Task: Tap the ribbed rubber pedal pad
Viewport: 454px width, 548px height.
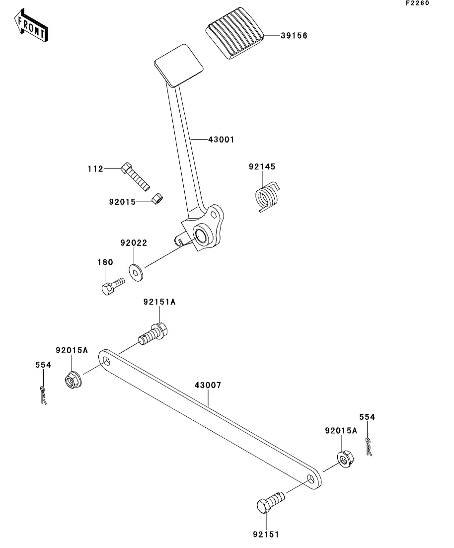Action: (234, 33)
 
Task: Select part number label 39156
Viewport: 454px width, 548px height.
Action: (294, 36)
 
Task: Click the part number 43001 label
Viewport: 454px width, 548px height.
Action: (221, 140)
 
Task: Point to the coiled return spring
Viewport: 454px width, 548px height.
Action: (267, 196)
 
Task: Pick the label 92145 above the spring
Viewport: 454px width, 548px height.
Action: (262, 167)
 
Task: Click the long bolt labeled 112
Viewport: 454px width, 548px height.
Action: (135, 176)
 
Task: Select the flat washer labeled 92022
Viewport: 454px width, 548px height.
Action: (136, 273)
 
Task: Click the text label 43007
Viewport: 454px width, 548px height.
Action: (208, 385)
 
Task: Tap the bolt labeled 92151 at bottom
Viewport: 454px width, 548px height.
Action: (271, 502)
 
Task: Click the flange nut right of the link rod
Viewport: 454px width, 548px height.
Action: (345, 460)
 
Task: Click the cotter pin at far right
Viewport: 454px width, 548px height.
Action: (369, 447)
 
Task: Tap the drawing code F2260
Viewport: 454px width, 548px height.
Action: (417, 3)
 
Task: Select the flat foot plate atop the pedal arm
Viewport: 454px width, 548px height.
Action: (179, 66)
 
